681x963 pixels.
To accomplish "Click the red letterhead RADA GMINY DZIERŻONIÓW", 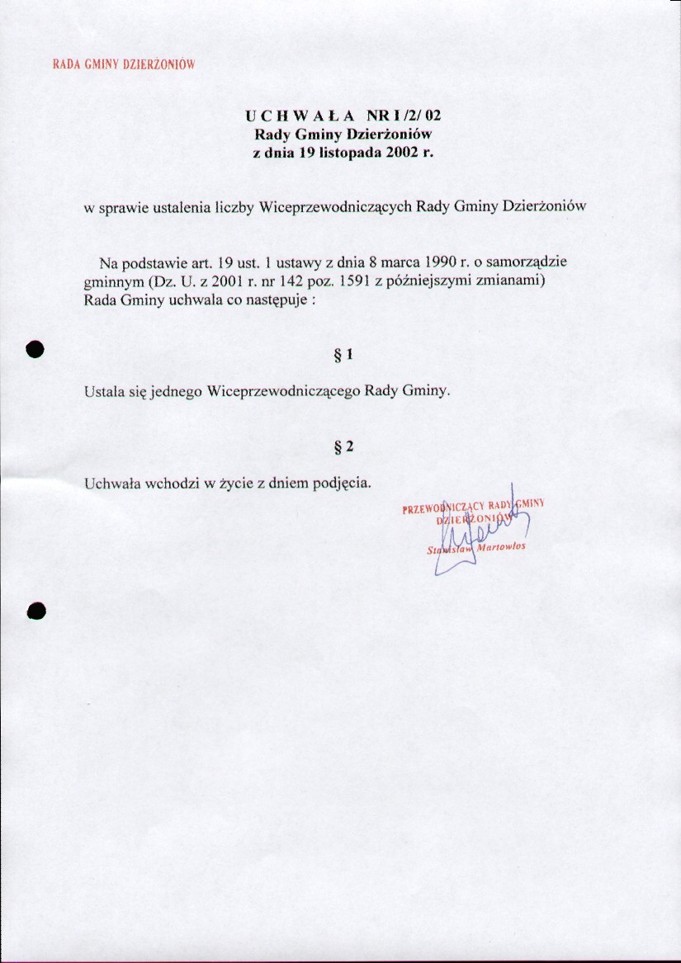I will point(123,64).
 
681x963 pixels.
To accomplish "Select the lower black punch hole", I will point(35,610).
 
